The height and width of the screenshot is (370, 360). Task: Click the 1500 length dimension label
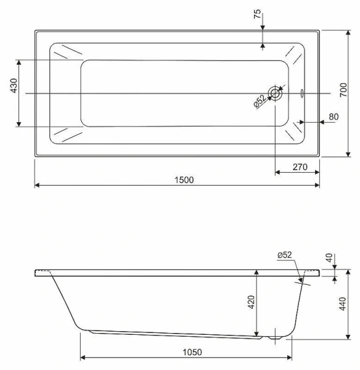coord(184,180)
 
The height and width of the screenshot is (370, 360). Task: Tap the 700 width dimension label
coord(343,89)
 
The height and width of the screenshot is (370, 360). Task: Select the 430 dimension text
coord(14,86)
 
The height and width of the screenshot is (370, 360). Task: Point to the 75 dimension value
coord(257,14)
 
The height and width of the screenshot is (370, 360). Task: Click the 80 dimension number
coord(333,117)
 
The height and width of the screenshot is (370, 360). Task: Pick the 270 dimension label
coord(300,167)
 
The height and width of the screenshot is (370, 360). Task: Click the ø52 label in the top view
coord(260,101)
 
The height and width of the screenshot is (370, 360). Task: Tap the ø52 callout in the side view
coord(285,255)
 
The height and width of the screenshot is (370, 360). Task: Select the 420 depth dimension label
coord(252,302)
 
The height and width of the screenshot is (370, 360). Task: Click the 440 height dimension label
coord(343,303)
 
